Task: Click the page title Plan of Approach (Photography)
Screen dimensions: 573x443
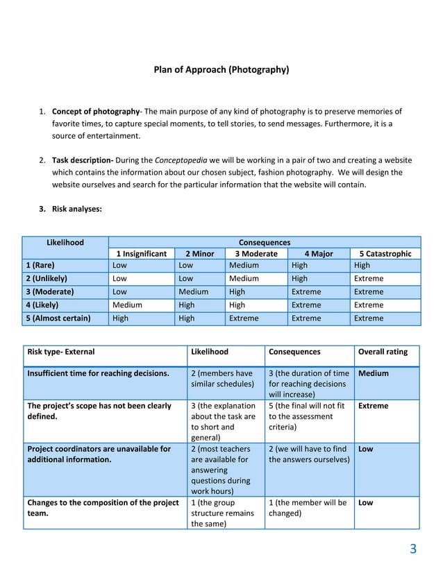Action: (221, 70)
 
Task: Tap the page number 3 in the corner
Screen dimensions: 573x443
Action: (413, 550)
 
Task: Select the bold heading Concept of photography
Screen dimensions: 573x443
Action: (96, 112)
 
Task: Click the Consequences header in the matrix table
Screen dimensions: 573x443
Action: (265, 242)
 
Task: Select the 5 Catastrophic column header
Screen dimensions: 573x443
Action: (385, 254)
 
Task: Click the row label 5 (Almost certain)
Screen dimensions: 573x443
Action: (58, 318)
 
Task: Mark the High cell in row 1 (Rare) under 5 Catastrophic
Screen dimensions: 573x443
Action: (362, 265)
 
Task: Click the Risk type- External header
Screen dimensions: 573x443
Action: (61, 352)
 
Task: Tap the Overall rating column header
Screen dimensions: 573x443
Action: (383, 352)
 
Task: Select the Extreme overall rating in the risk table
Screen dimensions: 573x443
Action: (373, 406)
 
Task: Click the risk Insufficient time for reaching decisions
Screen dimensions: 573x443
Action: (98, 373)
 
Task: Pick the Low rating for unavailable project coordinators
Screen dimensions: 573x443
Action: (365, 449)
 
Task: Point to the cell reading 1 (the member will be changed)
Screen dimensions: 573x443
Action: (307, 508)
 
